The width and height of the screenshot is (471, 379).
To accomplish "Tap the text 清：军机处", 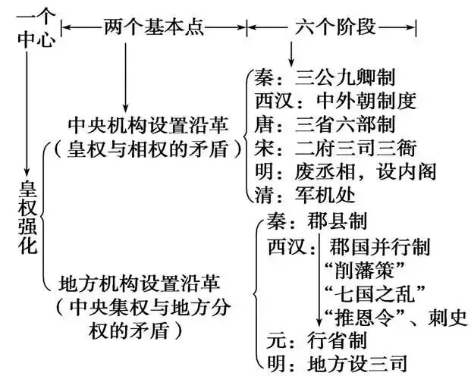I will [x=303, y=195].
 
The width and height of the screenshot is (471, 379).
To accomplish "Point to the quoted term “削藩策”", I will [x=356, y=269].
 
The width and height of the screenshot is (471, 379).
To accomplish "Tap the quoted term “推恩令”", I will [x=356, y=316].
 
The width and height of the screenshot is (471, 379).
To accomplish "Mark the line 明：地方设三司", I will [x=334, y=364].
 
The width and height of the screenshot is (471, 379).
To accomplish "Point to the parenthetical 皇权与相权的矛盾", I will [x=147, y=147].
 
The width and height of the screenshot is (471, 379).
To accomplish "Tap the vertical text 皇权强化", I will [x=28, y=215].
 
